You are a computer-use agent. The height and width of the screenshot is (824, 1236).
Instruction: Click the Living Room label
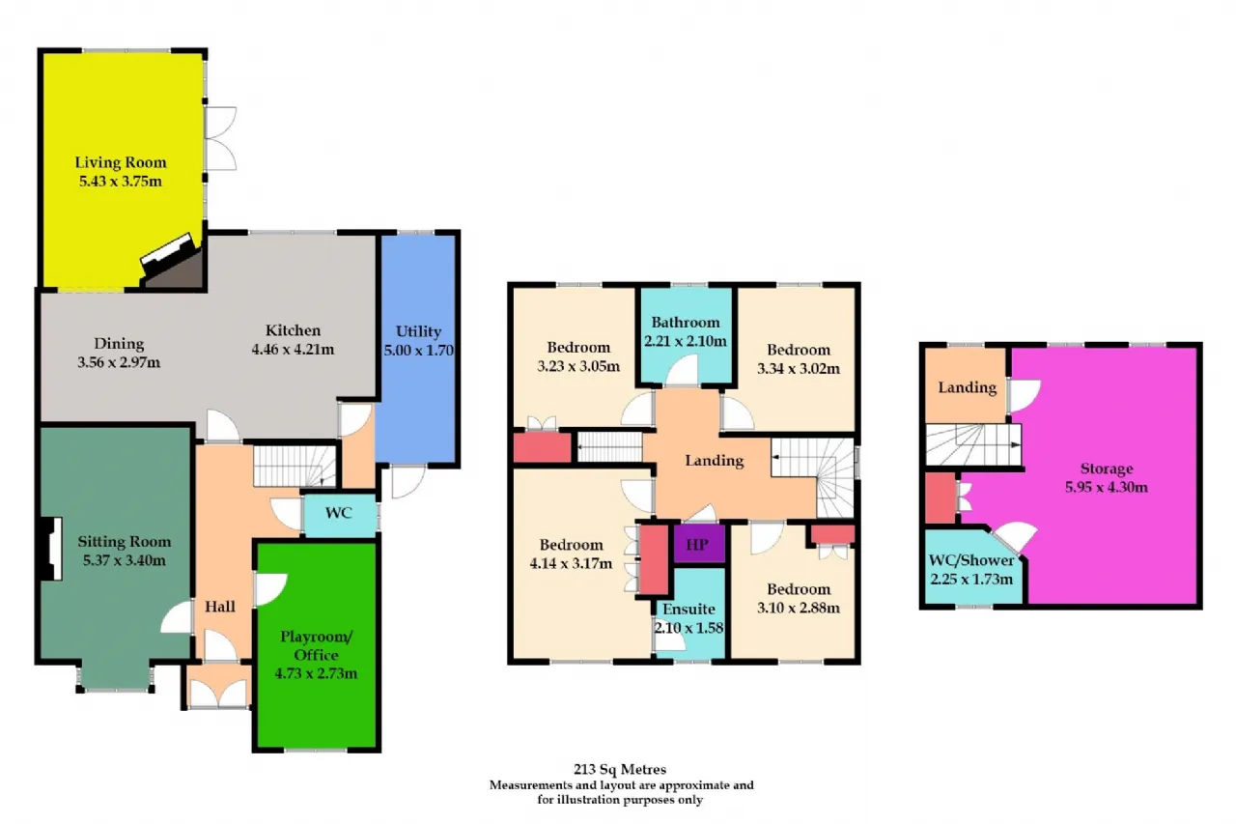click(x=121, y=162)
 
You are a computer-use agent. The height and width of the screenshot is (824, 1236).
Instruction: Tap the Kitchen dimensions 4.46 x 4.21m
click(x=293, y=350)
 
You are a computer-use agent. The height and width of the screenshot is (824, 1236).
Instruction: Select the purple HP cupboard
click(x=698, y=544)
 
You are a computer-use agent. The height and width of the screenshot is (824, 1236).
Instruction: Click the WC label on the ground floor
click(x=338, y=513)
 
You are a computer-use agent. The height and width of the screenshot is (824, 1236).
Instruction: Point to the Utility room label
click(x=418, y=331)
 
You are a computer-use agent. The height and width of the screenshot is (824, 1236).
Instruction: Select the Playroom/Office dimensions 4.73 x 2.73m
click(x=316, y=673)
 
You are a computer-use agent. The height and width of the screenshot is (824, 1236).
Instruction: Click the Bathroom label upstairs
click(x=686, y=323)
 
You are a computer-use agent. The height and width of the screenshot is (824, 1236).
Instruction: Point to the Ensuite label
click(x=688, y=609)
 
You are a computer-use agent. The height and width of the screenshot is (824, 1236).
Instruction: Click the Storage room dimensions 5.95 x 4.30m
click(x=1107, y=487)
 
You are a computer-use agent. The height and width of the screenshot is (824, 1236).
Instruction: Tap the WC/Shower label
click(x=971, y=560)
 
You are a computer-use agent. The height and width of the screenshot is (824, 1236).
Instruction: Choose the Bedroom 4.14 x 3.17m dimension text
click(x=571, y=563)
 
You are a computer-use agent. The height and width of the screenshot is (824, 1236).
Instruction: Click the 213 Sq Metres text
click(x=620, y=769)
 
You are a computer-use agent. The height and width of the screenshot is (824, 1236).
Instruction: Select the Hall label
click(x=220, y=607)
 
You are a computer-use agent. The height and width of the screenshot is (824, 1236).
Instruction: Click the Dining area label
click(x=119, y=344)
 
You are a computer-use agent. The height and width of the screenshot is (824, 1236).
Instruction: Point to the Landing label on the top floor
click(x=968, y=387)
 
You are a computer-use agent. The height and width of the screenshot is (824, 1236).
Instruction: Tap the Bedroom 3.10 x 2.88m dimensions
click(x=799, y=608)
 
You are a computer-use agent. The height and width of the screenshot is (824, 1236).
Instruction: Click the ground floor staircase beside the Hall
click(x=295, y=466)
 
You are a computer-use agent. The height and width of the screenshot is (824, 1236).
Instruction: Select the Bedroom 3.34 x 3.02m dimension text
click(x=799, y=368)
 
